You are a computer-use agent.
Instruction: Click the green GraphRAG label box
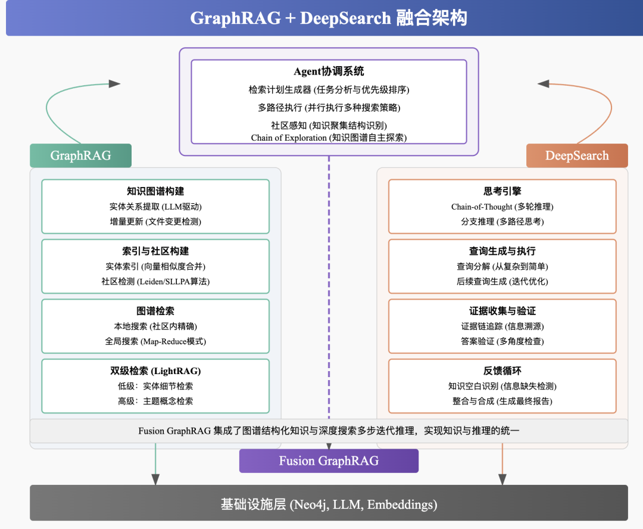coord(81,155)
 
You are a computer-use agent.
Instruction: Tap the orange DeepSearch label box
coord(577,155)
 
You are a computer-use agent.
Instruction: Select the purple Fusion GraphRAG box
coord(329,461)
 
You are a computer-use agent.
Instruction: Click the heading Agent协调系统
coord(329,71)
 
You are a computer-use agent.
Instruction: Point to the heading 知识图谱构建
coord(155,191)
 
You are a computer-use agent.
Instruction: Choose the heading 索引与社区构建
coord(155,251)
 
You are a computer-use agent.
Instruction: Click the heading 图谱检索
coord(155,311)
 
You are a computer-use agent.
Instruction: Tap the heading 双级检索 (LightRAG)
coord(155,371)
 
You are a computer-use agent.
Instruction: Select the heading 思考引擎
coord(502,191)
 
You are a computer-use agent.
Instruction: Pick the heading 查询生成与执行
coord(502,251)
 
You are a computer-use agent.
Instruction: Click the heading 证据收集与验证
coord(502,311)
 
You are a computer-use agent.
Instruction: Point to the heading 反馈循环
coord(502,371)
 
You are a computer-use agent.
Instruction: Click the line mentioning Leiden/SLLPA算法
coord(155,282)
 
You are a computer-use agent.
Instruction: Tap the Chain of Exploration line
coord(329,138)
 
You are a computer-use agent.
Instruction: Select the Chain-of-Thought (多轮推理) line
coord(502,207)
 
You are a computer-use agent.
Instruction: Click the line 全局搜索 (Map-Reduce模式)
coord(155,341)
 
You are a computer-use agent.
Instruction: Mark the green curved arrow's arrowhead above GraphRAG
coord(115,84)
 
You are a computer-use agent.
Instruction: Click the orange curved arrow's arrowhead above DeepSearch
coord(544,84)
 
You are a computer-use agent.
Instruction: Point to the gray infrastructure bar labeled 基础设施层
coord(329,503)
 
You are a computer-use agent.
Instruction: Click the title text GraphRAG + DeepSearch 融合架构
coord(329,18)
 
